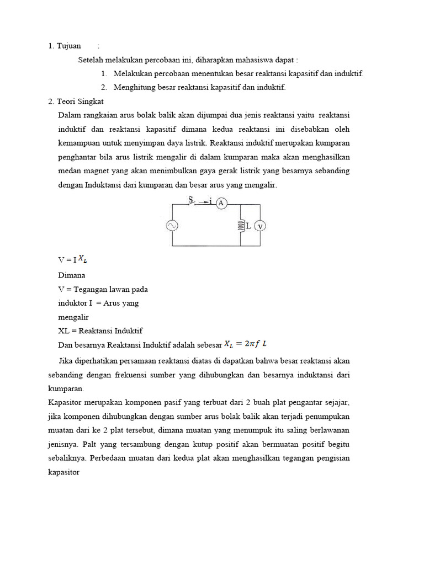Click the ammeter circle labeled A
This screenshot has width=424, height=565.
(221, 203)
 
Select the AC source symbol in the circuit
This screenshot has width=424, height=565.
(172, 225)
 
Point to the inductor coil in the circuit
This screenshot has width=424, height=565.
(241, 225)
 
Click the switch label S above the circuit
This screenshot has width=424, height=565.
(191, 199)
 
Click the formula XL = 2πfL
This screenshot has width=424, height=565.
(245, 344)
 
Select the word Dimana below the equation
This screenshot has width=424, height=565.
(72, 275)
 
